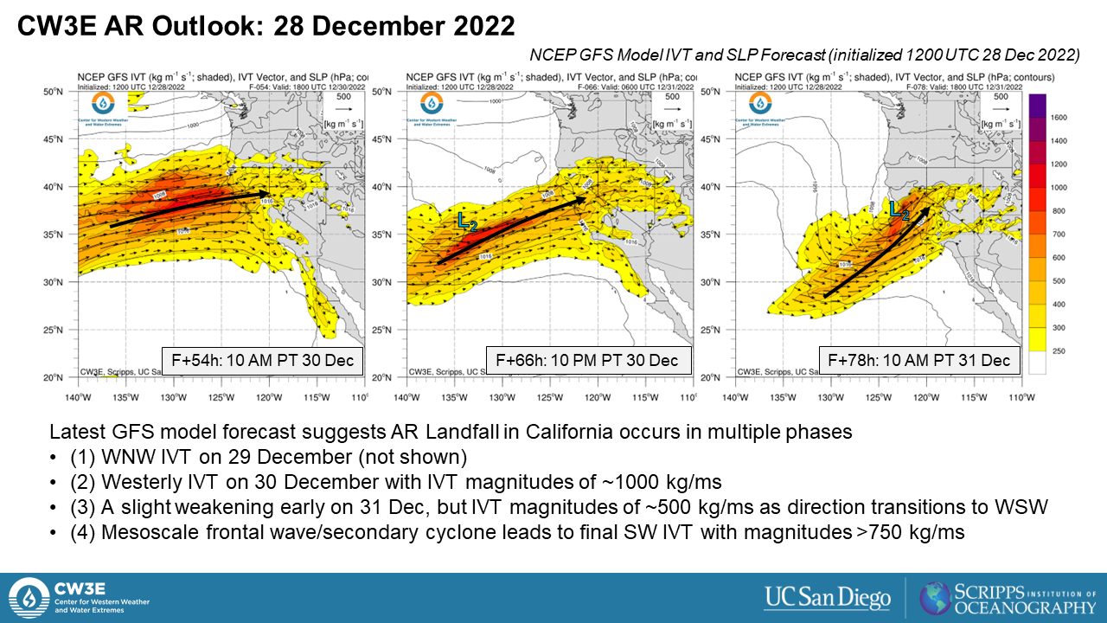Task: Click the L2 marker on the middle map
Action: (467, 222)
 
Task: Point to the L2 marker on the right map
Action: (899, 210)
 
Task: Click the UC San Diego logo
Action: (828, 597)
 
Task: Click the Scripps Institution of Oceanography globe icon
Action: (936, 598)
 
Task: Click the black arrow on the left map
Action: (190, 209)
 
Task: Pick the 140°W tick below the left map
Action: (79, 397)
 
